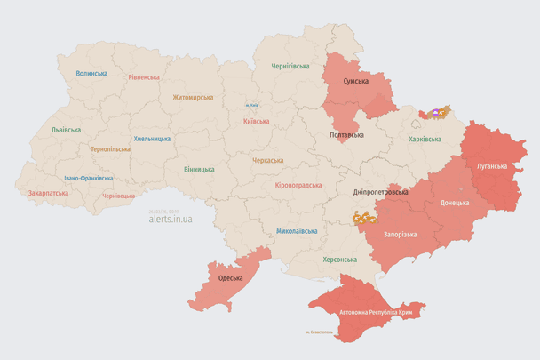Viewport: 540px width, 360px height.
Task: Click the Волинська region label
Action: (x=91, y=74)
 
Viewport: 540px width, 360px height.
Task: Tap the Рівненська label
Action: (x=143, y=77)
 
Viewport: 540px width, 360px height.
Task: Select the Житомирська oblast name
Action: (x=193, y=97)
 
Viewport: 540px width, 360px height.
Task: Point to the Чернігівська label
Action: (x=290, y=66)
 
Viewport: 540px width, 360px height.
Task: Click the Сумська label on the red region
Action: (x=356, y=81)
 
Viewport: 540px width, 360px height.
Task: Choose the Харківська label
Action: (x=425, y=139)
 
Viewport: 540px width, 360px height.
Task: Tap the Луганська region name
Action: (x=491, y=165)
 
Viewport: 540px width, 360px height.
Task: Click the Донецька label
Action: (x=454, y=203)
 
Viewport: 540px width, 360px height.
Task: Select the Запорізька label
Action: (x=400, y=234)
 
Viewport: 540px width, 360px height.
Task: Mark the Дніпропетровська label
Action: (x=380, y=192)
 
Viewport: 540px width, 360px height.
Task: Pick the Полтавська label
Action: (x=346, y=135)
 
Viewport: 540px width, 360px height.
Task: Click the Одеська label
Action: (x=230, y=278)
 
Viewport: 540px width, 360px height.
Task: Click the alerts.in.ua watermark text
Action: (x=170, y=218)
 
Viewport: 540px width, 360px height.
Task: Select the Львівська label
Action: (x=66, y=130)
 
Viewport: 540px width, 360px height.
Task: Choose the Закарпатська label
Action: (x=48, y=192)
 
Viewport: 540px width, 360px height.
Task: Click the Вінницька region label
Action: (x=199, y=169)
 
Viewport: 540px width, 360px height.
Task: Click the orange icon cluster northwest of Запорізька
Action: (x=364, y=217)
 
